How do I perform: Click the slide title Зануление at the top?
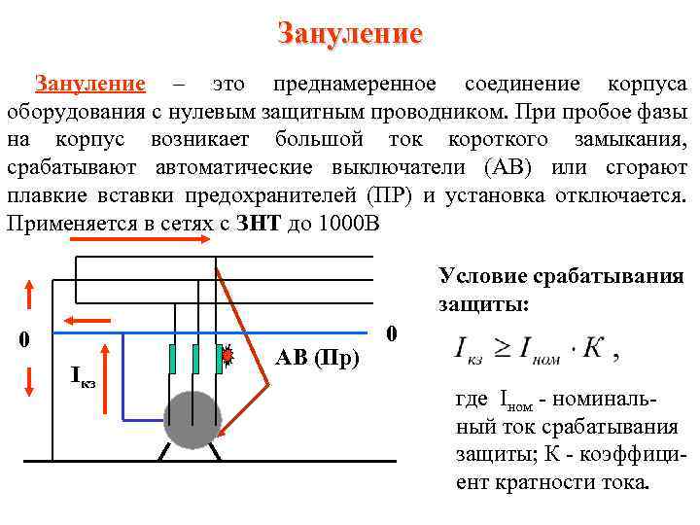point(350,34)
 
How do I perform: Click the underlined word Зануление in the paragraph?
point(90,85)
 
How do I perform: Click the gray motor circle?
point(192,420)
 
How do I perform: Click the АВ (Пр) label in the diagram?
point(318,357)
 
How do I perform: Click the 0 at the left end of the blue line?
point(25,339)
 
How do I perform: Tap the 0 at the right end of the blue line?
point(391,333)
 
